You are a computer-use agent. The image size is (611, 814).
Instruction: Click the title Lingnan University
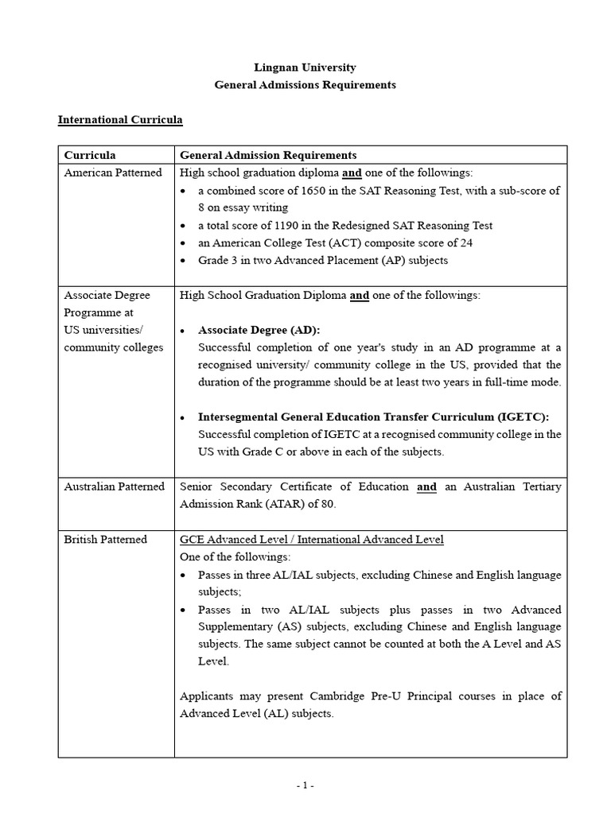pyautogui.click(x=305, y=68)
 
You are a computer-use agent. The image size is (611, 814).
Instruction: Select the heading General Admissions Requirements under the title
pyautogui.click(x=305, y=85)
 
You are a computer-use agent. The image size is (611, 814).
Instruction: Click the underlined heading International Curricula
pyautogui.click(x=120, y=120)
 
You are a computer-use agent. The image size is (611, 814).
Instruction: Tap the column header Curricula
pyautogui.click(x=90, y=155)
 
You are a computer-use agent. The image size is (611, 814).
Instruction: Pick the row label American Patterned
pyautogui.click(x=113, y=172)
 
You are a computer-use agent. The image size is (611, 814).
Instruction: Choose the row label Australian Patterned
pyautogui.click(x=115, y=486)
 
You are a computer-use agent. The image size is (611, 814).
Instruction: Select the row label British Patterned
pyautogui.click(x=106, y=539)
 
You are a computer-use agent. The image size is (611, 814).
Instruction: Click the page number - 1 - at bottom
pyautogui.click(x=305, y=785)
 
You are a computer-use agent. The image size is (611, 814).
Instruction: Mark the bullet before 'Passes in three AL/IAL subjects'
pyautogui.click(x=184, y=575)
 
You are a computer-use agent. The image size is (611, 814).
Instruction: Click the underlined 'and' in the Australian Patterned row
pyautogui.click(x=426, y=486)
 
